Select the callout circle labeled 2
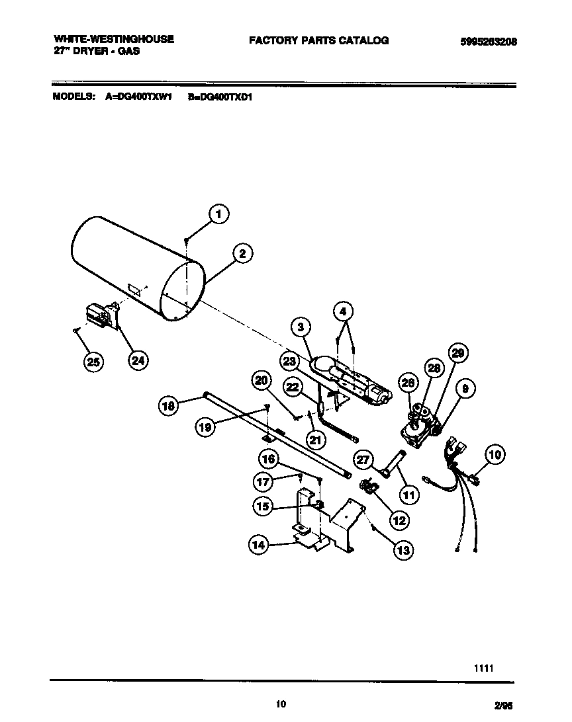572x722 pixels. [x=243, y=253]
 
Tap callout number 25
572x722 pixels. [x=95, y=361]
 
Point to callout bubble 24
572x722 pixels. [x=138, y=360]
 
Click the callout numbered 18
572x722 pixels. [x=169, y=406]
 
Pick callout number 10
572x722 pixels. [x=495, y=454]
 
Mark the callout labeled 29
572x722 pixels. [x=457, y=353]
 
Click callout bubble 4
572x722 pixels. [x=343, y=311]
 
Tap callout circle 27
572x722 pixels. [x=362, y=460]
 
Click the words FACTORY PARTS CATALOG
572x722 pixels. [x=318, y=40]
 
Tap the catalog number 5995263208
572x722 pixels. [x=488, y=41]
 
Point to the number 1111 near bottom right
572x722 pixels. [x=483, y=668]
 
